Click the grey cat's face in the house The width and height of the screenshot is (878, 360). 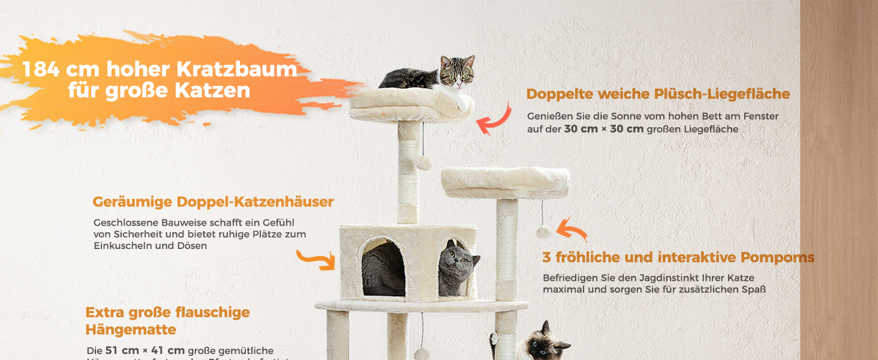457,264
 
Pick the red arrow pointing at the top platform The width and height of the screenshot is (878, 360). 493,119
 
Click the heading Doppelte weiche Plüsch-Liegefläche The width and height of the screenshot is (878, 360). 658,94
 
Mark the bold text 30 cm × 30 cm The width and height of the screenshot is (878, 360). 603,129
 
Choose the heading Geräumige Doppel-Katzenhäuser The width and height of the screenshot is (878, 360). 213,202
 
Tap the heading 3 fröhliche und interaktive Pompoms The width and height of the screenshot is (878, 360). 678,257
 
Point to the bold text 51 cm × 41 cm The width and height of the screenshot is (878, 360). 145,350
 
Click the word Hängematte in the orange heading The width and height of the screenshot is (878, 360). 131,329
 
